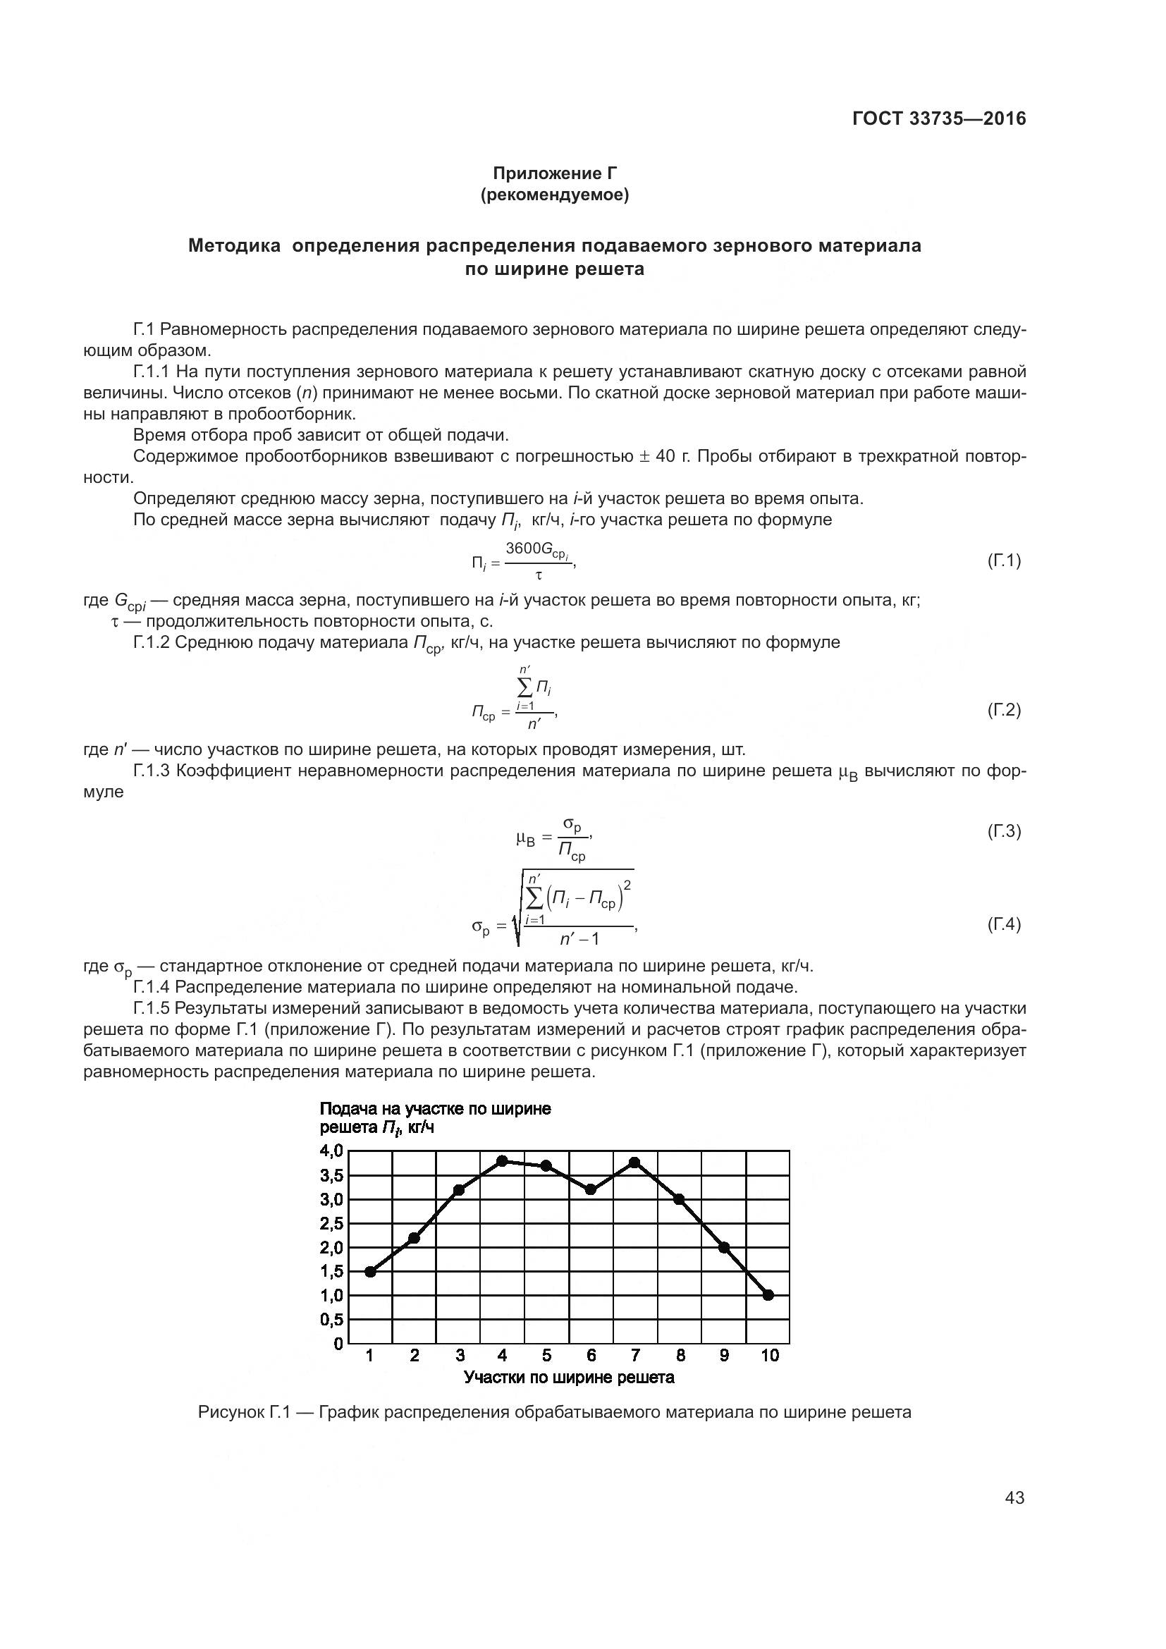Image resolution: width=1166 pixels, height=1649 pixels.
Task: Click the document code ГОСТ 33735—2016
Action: [x=939, y=119]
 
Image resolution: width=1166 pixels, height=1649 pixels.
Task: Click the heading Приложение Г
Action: [x=554, y=173]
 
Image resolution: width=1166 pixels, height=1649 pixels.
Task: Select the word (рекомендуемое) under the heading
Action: [x=554, y=195]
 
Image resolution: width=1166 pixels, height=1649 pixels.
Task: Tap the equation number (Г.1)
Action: [x=1004, y=560]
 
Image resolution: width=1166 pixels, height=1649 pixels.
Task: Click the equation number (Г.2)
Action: [x=1004, y=711]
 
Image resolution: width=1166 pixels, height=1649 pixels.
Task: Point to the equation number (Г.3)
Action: [x=1004, y=832]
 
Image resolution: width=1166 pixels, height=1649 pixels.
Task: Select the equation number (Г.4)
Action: [x=1004, y=924]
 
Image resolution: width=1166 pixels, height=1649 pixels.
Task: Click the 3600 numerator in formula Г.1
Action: [x=523, y=548]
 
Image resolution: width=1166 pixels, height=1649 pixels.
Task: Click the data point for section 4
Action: [x=503, y=1161]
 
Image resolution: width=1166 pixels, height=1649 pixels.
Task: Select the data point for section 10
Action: [x=768, y=1295]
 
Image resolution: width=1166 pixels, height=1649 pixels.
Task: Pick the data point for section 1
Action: [x=370, y=1272]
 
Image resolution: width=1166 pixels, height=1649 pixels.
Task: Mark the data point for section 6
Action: [x=591, y=1189]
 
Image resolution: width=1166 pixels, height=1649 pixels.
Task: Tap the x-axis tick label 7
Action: [x=634, y=1355]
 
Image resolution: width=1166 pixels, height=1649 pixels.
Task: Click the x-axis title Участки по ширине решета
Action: [x=569, y=1378]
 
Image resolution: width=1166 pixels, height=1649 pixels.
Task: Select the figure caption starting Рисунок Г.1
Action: [x=554, y=1413]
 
